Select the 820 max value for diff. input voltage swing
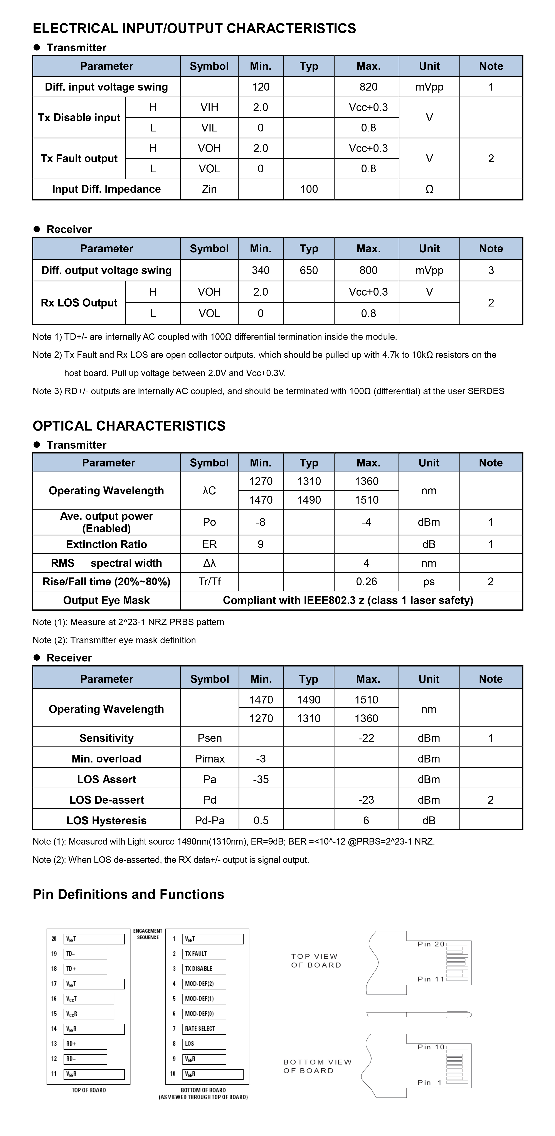tap(368, 87)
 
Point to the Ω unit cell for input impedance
tap(429, 189)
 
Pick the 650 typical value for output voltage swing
tap(309, 270)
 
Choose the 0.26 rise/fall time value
tap(366, 582)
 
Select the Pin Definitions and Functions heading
tap(128, 894)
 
